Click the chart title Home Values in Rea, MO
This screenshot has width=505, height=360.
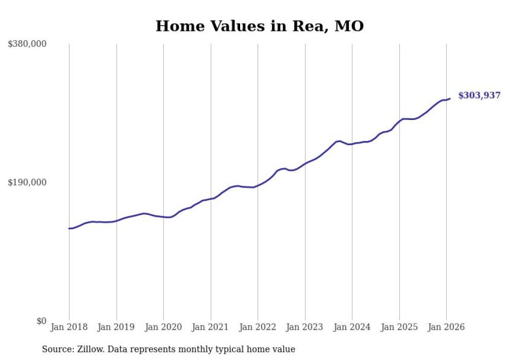pyautogui.click(x=259, y=26)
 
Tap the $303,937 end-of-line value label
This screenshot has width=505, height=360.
pyautogui.click(x=479, y=95)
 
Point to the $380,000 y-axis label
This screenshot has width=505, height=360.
pyautogui.click(x=27, y=44)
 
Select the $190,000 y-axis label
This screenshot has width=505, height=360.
pyautogui.click(x=27, y=182)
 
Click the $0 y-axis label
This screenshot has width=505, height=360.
pyautogui.click(x=41, y=321)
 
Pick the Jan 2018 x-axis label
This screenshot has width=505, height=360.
pyautogui.click(x=69, y=327)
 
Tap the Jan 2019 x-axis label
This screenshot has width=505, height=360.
pyautogui.click(x=116, y=327)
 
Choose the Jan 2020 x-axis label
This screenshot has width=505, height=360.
pyautogui.click(x=163, y=327)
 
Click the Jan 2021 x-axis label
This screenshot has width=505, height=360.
pyautogui.click(x=211, y=327)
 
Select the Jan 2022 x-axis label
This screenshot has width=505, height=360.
pyautogui.click(x=258, y=327)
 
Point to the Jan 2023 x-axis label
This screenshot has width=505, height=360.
pyautogui.click(x=305, y=327)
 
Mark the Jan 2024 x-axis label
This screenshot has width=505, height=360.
pyautogui.click(x=352, y=327)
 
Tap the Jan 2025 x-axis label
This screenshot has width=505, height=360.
pyautogui.click(x=399, y=327)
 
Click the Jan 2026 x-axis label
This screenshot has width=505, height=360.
pyautogui.click(x=446, y=327)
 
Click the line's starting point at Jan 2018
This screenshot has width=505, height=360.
pyautogui.click(x=69, y=228)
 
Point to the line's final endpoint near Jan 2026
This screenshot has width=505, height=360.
pyautogui.click(x=450, y=98)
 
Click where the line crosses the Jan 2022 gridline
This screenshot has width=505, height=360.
pyautogui.click(x=258, y=185)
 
